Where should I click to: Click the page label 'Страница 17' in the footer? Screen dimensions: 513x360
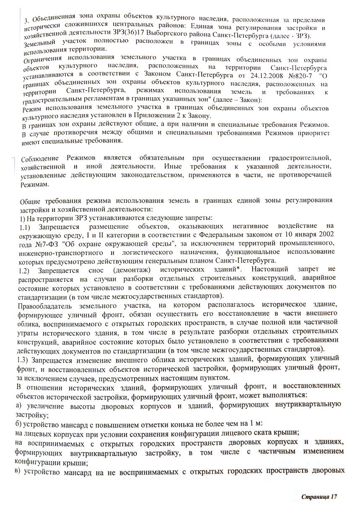coord(319,496)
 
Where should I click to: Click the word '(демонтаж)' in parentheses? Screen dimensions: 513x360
coord(128,270)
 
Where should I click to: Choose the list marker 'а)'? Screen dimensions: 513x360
coord(18,405)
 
